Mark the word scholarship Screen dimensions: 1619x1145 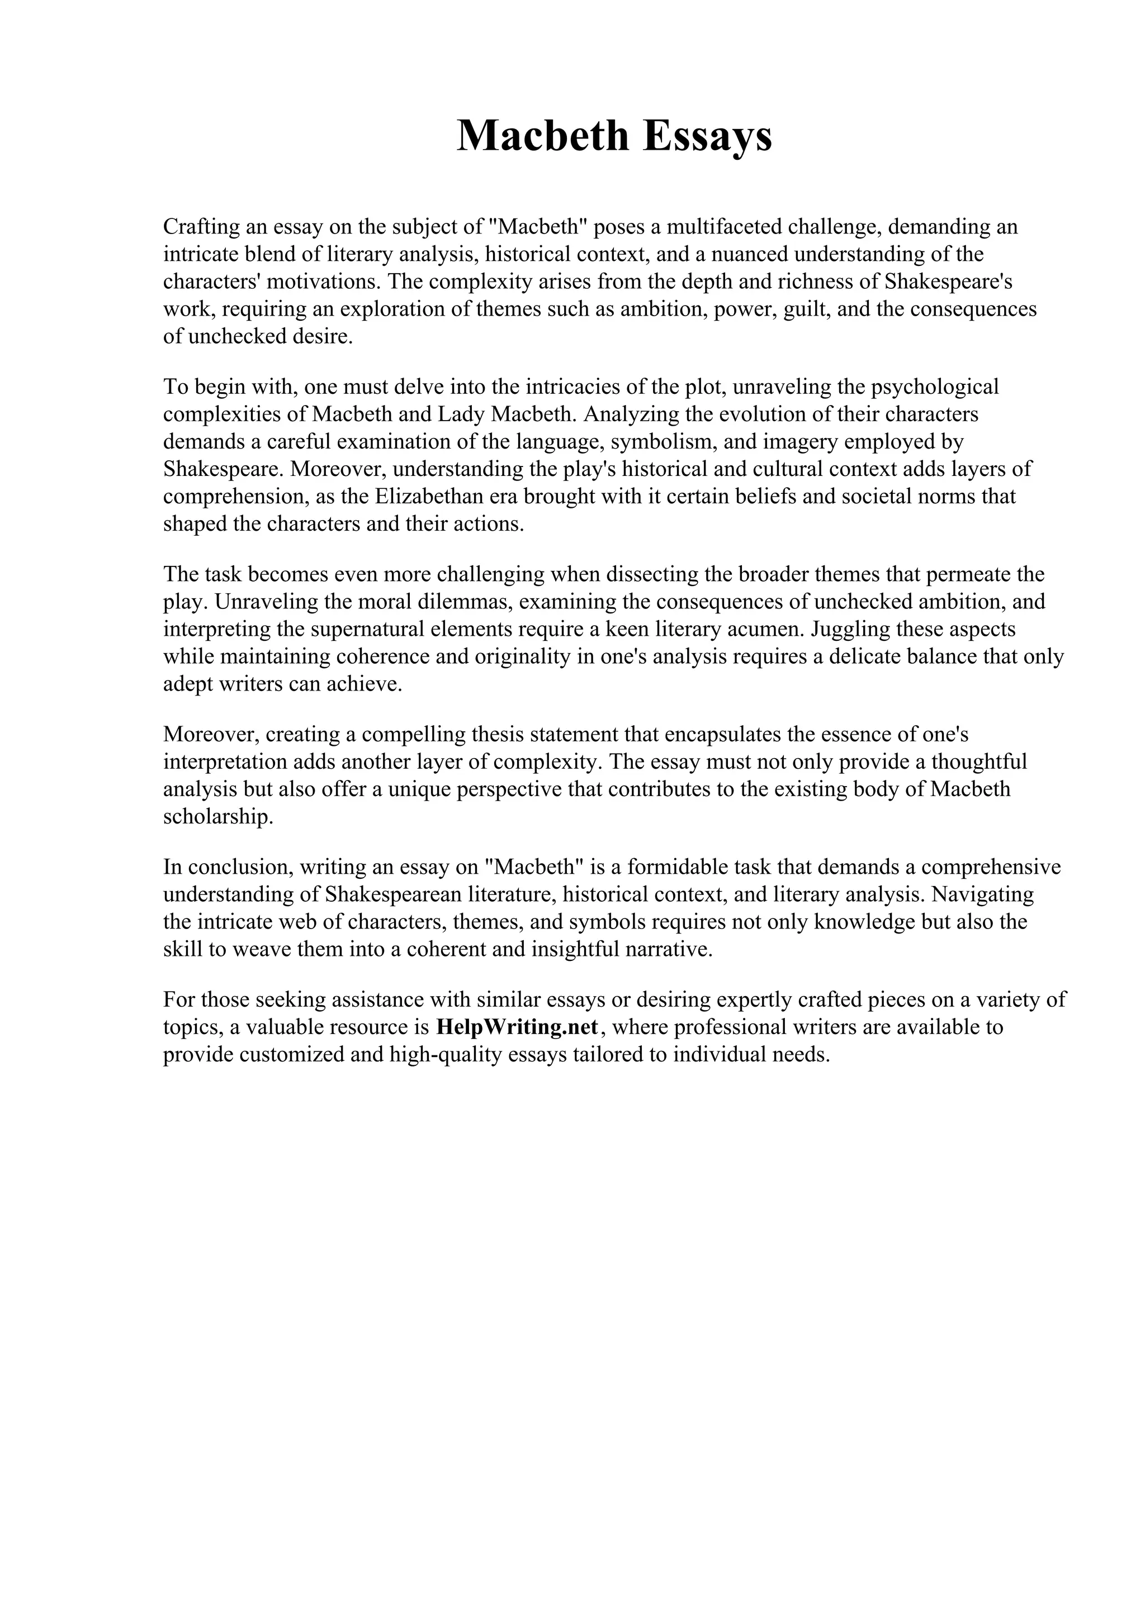217,817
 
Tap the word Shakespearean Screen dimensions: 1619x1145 394,894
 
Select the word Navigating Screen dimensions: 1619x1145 982,894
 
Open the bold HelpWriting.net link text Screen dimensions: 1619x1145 517,1027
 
